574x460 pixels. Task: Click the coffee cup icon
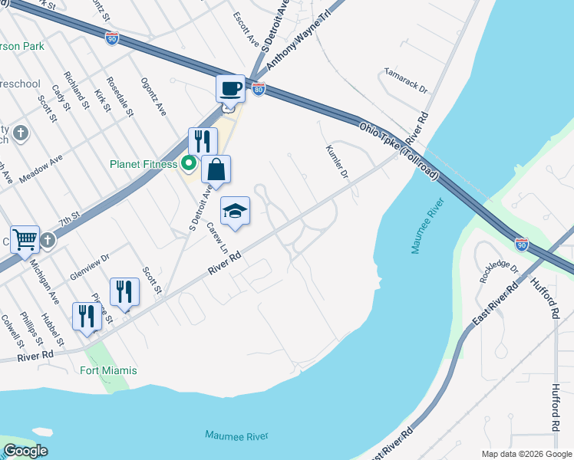(x=230, y=89)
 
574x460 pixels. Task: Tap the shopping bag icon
(x=216, y=169)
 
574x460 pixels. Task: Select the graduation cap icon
(x=236, y=211)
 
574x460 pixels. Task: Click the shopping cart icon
(x=25, y=239)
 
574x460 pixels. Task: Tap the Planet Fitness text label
(x=143, y=164)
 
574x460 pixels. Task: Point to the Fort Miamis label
(x=109, y=371)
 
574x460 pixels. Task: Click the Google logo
(x=25, y=451)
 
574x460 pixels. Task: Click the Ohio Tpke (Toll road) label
(x=398, y=149)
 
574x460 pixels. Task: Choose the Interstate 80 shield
(x=259, y=90)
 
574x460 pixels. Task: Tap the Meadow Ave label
(x=41, y=169)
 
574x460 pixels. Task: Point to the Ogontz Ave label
(x=153, y=97)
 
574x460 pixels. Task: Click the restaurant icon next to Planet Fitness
(x=203, y=141)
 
